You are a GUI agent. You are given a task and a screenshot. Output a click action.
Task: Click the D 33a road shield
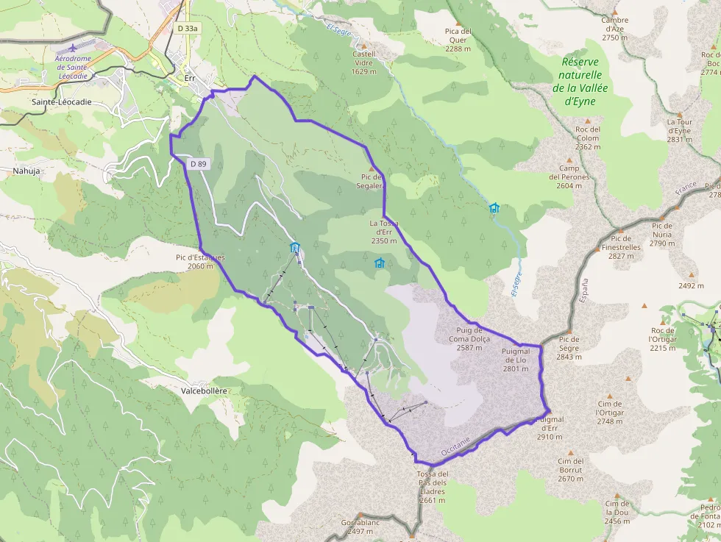tap(188, 28)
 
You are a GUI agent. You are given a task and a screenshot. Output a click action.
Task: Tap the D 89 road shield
tap(197, 164)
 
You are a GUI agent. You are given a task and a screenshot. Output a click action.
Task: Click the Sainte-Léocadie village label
tap(62, 102)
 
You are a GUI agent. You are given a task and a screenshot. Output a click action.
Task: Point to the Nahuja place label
tap(26, 171)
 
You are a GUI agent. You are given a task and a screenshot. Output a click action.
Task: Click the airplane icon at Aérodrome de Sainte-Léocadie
tap(72, 49)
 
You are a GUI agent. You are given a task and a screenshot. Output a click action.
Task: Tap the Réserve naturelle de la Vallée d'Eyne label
tap(580, 82)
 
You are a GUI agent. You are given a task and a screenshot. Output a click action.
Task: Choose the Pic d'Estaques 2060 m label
tap(200, 262)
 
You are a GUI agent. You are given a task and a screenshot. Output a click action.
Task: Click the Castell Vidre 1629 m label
tap(364, 63)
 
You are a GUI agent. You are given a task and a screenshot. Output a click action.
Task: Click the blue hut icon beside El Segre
tap(494, 208)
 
